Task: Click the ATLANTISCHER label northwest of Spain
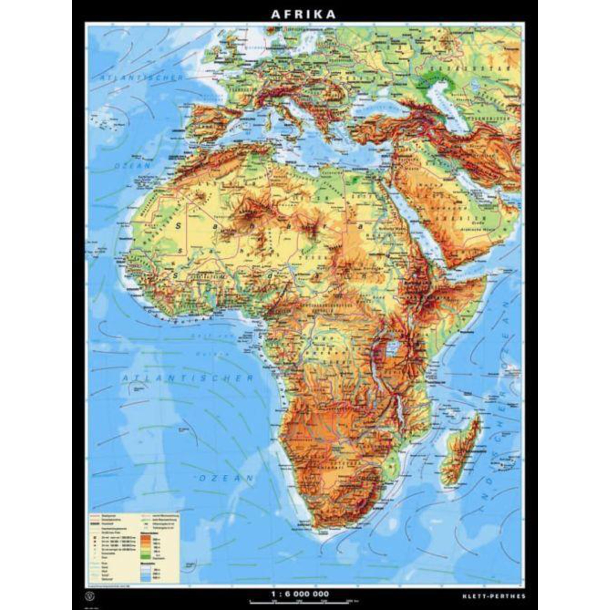(x=141, y=78)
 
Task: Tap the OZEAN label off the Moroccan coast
(x=133, y=165)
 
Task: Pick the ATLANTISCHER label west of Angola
(x=188, y=378)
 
